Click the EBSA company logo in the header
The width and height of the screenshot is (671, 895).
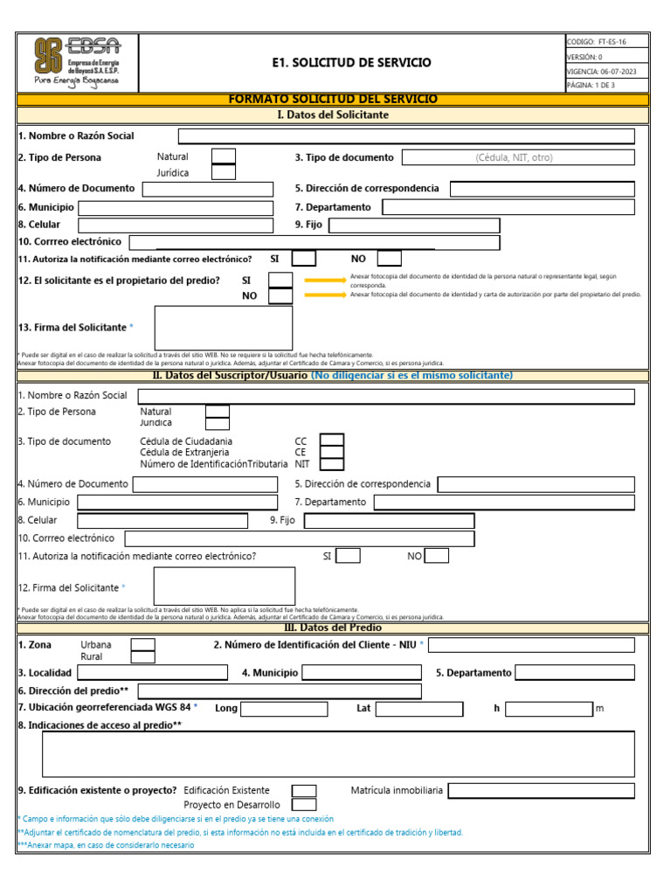[x=77, y=62]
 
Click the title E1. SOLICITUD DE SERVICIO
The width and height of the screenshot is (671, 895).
[x=351, y=63]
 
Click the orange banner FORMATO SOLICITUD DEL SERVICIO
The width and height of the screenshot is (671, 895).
[x=333, y=100]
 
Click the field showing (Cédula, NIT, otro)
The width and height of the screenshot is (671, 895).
[x=514, y=158]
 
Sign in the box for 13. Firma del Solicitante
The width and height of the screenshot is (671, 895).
[x=224, y=328]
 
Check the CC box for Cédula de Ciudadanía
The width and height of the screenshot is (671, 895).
[x=332, y=440]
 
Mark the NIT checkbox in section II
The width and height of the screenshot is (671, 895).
[x=332, y=464]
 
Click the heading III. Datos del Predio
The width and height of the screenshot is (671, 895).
[x=333, y=628]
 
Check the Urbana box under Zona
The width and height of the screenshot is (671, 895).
[x=142, y=645]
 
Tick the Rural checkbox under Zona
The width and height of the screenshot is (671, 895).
[x=142, y=657]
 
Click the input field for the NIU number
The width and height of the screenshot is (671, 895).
[x=531, y=645]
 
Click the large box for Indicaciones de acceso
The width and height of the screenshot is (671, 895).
[x=326, y=753]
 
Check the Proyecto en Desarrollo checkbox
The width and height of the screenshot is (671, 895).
[x=304, y=804]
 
